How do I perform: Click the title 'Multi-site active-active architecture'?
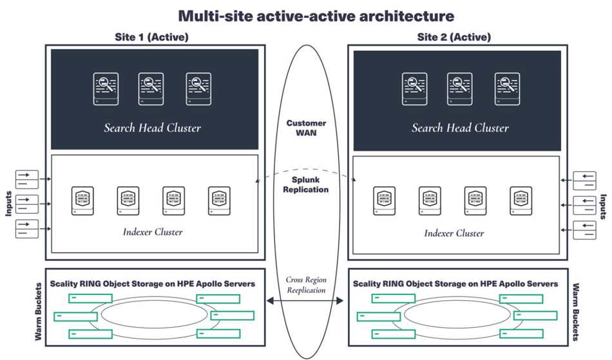(x=307, y=15)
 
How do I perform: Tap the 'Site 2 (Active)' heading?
(x=454, y=37)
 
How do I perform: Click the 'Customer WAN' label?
(x=307, y=128)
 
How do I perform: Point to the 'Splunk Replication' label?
(x=307, y=185)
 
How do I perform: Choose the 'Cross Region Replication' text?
(x=307, y=285)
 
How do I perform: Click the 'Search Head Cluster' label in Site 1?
(x=153, y=128)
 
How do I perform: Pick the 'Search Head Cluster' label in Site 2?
(x=460, y=128)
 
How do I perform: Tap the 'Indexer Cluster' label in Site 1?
(x=153, y=232)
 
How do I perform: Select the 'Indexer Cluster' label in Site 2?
(x=454, y=233)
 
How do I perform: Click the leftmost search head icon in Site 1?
(x=104, y=89)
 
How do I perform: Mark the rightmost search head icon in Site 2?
(x=507, y=89)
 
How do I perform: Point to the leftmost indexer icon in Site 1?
(x=82, y=200)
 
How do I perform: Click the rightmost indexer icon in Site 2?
(x=521, y=200)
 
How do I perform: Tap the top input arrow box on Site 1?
(x=26, y=179)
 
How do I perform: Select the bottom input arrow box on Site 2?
(x=585, y=229)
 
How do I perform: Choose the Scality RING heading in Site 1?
(x=153, y=284)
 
